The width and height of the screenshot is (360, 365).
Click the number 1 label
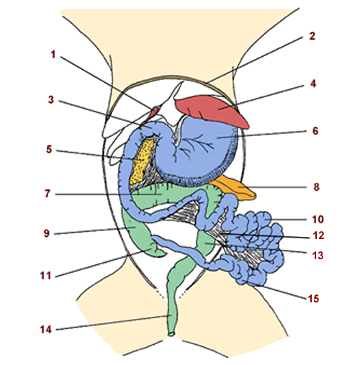pyautogui.click(x=53, y=54)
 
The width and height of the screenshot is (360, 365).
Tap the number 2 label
pyautogui.click(x=312, y=35)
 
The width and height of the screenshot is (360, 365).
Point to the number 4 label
pyautogui.click(x=312, y=84)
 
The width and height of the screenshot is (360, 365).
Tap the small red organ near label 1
pyautogui.click(x=154, y=110)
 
